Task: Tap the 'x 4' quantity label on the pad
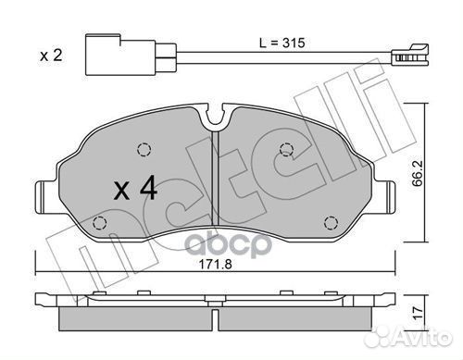pyautogui.click(x=135, y=191)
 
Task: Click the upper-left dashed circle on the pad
pyautogui.click(x=142, y=151)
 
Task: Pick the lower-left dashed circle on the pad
pyautogui.click(x=100, y=223)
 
